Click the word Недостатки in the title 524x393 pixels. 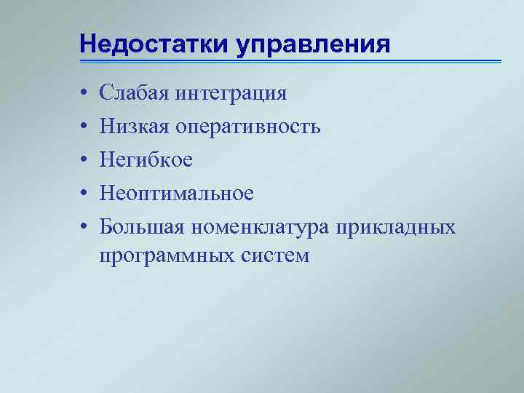coord(154,44)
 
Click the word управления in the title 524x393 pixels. coord(313,44)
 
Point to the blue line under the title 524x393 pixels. coord(291,61)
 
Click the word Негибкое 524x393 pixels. coord(146,159)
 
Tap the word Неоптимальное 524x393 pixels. coord(177,193)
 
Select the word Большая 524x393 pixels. coord(143,226)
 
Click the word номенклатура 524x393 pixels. coord(260,227)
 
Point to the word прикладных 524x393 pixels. coord(396,227)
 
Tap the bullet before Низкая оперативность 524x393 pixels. coord(84,127)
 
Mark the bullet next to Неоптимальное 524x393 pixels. coord(84,193)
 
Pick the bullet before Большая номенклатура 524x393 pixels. coord(84,226)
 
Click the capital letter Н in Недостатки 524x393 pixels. coord(88,44)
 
